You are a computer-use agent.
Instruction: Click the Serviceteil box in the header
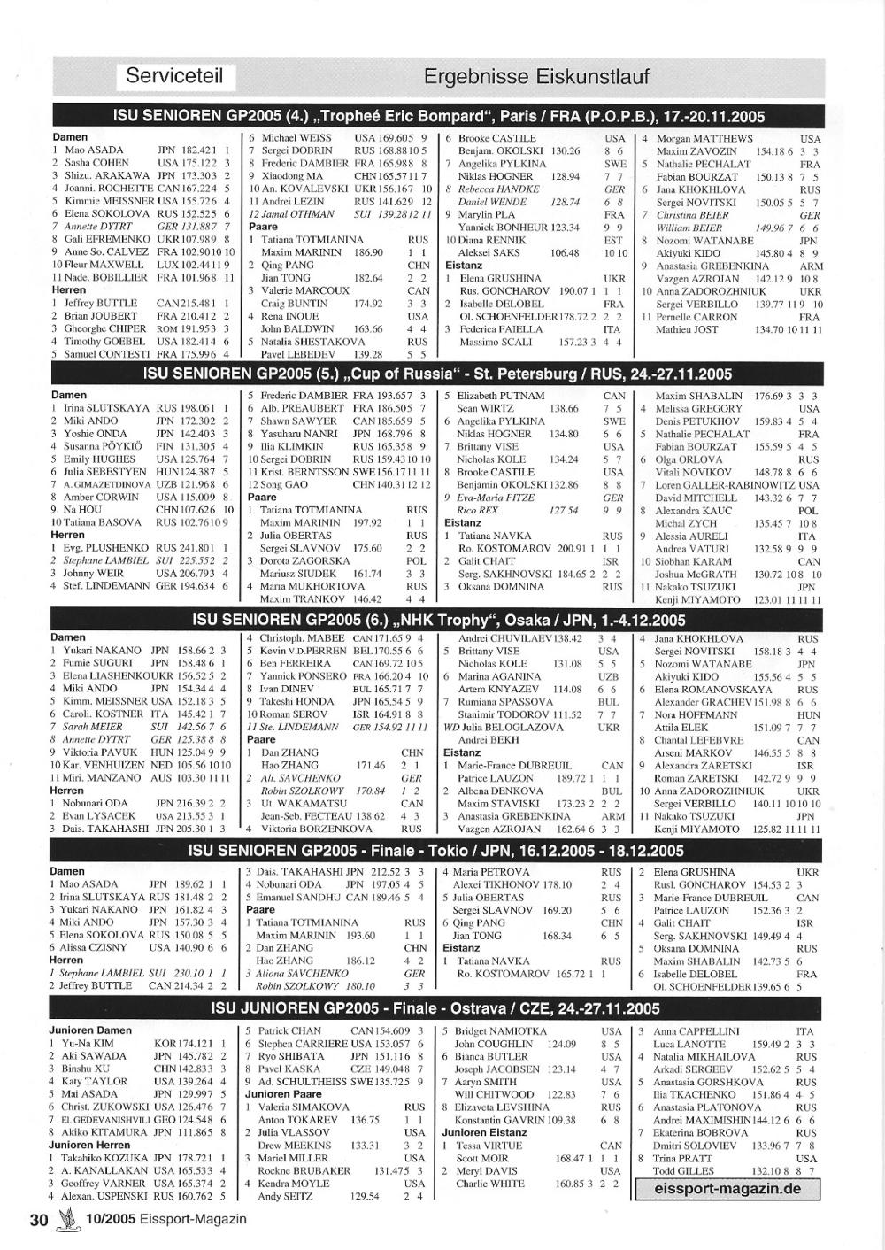(176, 76)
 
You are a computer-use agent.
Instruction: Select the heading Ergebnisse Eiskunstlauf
(536, 77)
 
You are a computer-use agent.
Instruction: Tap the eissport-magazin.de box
(727, 1188)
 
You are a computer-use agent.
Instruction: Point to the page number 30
(38, 1220)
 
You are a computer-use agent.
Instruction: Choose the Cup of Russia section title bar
(438, 374)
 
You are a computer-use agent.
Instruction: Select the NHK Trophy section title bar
(438, 620)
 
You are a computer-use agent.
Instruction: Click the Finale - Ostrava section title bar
(438, 1007)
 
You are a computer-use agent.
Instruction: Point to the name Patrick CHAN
(289, 1030)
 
